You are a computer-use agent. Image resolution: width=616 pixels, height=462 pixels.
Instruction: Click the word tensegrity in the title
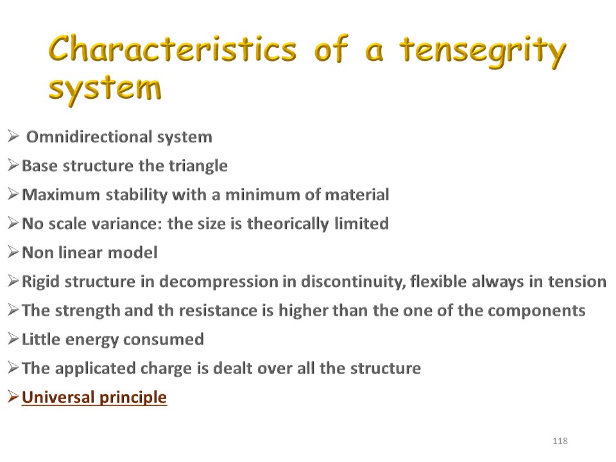(483, 51)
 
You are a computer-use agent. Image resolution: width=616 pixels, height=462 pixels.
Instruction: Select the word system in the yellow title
(105, 89)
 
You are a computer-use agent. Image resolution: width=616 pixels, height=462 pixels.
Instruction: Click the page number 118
(560, 441)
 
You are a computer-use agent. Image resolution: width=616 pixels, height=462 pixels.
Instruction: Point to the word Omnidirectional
(89, 137)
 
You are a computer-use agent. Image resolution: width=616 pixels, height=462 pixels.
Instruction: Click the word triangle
(198, 166)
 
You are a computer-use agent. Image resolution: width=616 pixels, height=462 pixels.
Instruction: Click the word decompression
(218, 282)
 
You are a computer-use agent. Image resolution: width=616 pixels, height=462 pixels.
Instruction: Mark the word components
(536, 311)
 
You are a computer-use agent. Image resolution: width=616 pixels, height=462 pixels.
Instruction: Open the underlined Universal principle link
(94, 397)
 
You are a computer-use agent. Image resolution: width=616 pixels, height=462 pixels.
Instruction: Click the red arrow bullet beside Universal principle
(13, 397)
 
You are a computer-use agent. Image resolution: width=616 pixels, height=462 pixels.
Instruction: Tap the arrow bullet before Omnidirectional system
(13, 136)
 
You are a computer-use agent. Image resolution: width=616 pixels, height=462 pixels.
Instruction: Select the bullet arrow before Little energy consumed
(13, 339)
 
